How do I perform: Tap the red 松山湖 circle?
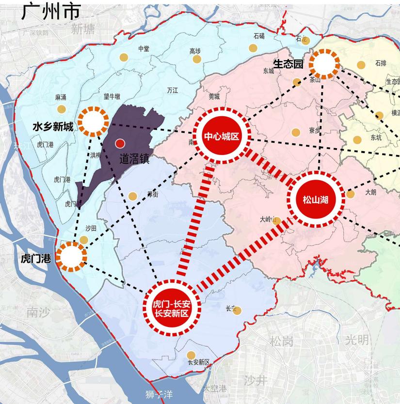click(316, 199)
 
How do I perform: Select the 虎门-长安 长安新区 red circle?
click(172, 308)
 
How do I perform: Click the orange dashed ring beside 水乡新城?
click(93, 122)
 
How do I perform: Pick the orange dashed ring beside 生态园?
click(324, 63)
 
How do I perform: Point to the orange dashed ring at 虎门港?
click(71, 256)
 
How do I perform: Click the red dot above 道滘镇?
click(120, 143)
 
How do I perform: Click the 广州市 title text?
click(50, 12)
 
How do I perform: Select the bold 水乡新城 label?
click(53, 127)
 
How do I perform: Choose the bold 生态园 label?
click(288, 63)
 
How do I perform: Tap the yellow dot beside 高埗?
click(197, 59)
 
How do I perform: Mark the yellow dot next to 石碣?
click(253, 47)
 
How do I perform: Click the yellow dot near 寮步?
click(296, 132)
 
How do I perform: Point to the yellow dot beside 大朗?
click(351, 194)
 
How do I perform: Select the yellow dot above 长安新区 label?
click(191, 355)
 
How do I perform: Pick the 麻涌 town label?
click(61, 97)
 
